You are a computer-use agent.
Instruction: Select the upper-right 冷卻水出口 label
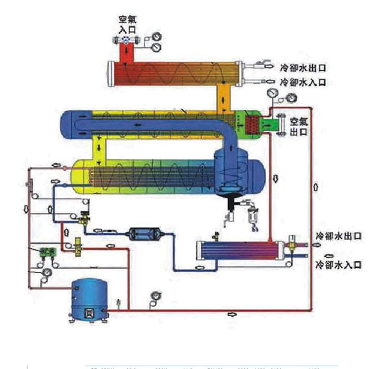[303, 68]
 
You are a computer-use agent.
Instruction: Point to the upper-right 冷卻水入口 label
[303, 82]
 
